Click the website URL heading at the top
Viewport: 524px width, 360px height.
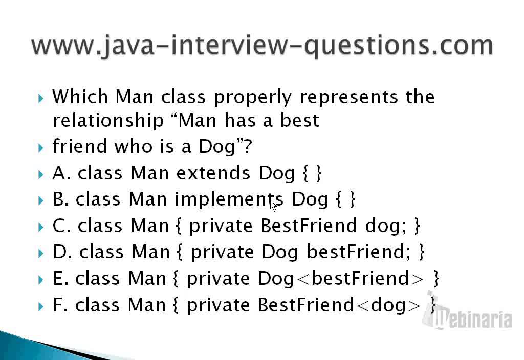pos(262,45)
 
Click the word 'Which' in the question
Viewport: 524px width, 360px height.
pos(80,96)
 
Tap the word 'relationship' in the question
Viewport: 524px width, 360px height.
pos(107,121)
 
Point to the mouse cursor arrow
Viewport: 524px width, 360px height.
pos(273,205)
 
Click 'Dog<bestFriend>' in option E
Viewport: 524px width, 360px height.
pos(341,278)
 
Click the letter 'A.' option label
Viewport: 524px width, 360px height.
pos(61,173)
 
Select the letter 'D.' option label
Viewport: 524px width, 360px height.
pos(62,252)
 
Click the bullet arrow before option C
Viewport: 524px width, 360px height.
pos(42,226)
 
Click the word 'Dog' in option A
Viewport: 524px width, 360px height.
pos(277,173)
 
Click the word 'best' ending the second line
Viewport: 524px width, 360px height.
pos(300,121)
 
